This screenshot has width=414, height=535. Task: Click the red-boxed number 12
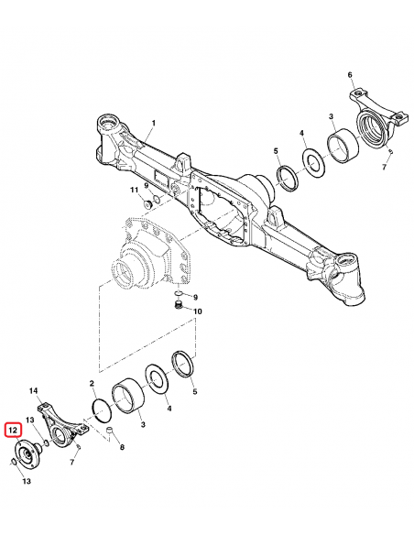[x=14, y=429]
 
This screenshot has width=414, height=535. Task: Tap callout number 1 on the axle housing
[x=153, y=124]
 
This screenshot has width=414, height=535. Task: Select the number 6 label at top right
[x=350, y=75]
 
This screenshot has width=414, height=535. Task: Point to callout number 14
[x=34, y=391]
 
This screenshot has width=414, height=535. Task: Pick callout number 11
[x=134, y=190]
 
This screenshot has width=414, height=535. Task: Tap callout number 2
[x=92, y=382]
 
